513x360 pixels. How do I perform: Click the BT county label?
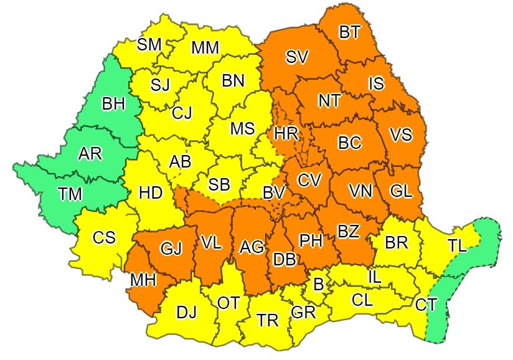(350, 32)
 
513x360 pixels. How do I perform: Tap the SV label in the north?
(297, 57)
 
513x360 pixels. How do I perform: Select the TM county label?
(70, 194)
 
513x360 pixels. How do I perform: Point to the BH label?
(113, 104)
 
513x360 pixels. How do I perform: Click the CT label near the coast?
(426, 305)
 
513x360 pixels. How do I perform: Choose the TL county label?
(457, 246)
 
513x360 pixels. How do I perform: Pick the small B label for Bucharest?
(318, 285)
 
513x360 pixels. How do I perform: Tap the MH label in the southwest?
(143, 280)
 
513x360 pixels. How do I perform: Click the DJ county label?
(186, 312)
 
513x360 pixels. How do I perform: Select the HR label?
(286, 133)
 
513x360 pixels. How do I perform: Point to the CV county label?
(309, 180)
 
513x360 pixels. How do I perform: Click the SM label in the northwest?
(149, 44)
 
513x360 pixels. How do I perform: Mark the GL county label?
(401, 191)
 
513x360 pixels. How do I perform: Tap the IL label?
(375, 275)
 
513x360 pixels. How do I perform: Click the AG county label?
(252, 247)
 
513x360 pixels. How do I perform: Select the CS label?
(104, 238)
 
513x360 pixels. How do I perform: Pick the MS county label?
(242, 128)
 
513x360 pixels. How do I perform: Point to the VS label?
(400, 135)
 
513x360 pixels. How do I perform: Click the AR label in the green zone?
(90, 154)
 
